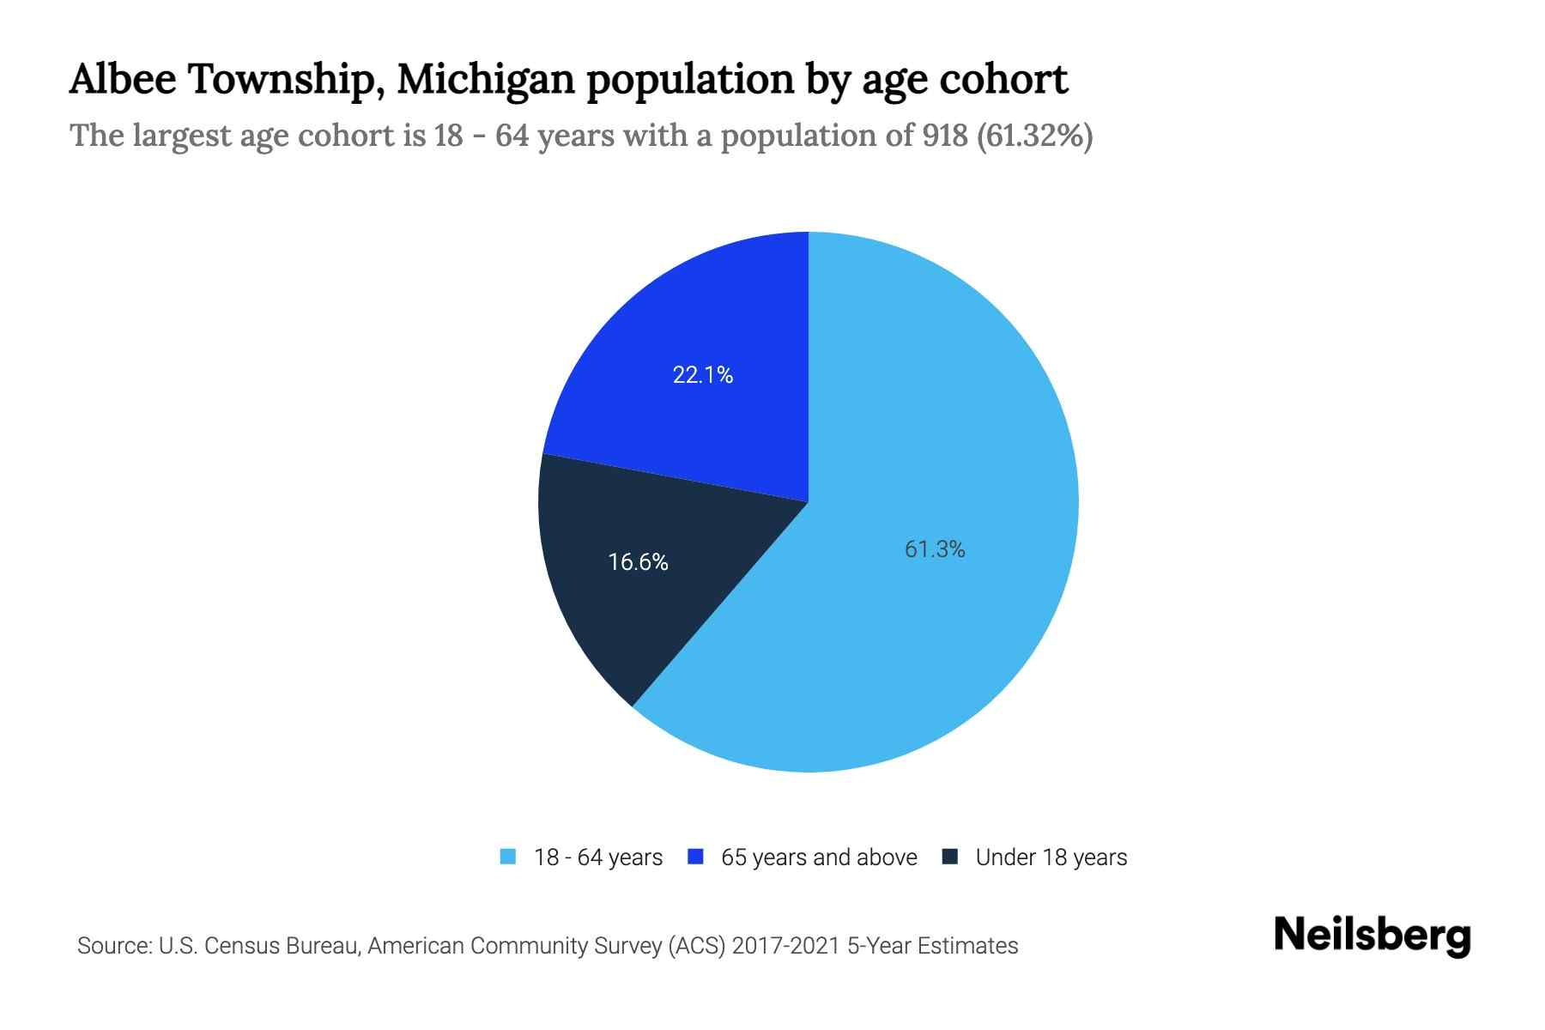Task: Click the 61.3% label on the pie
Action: click(x=935, y=549)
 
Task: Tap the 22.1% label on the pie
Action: click(x=702, y=375)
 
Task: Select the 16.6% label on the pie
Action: click(x=638, y=562)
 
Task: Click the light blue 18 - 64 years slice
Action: click(x=944, y=429)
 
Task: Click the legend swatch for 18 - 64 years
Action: click(x=508, y=857)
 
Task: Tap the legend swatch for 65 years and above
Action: click(x=696, y=857)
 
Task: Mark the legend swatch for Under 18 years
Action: click(x=950, y=857)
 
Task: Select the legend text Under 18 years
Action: click(x=1051, y=857)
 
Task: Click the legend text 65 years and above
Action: click(x=819, y=857)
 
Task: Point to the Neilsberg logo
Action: click(x=1372, y=936)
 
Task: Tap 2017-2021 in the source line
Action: click(x=786, y=946)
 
